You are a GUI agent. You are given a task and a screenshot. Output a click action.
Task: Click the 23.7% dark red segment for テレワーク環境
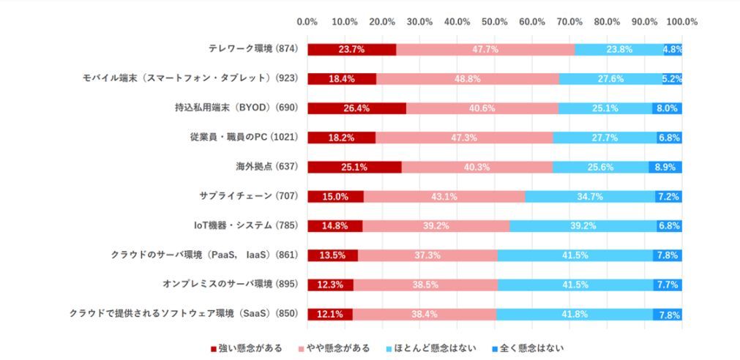[351, 50]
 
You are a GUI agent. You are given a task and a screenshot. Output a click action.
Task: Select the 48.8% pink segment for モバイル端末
[468, 79]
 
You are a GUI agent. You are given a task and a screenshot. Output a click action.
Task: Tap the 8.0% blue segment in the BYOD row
[667, 108]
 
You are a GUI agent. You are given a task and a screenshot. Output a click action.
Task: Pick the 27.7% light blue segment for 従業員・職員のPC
[605, 138]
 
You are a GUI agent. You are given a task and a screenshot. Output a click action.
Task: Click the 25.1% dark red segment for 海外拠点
[354, 167]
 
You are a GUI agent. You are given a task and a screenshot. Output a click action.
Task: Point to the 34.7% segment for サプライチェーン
[590, 196]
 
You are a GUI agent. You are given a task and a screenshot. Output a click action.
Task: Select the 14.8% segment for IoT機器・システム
[335, 225]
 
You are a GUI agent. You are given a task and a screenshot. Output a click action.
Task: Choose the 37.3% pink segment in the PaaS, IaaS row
[427, 255]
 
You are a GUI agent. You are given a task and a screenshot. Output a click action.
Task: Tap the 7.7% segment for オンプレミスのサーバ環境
[667, 285]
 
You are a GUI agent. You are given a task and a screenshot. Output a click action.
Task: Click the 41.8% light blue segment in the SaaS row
[575, 314]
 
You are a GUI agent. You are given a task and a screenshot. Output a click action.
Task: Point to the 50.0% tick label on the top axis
[495, 21]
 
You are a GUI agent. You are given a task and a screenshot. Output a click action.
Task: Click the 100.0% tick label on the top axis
[681, 21]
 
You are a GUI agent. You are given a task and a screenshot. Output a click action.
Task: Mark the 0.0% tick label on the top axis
[307, 21]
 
